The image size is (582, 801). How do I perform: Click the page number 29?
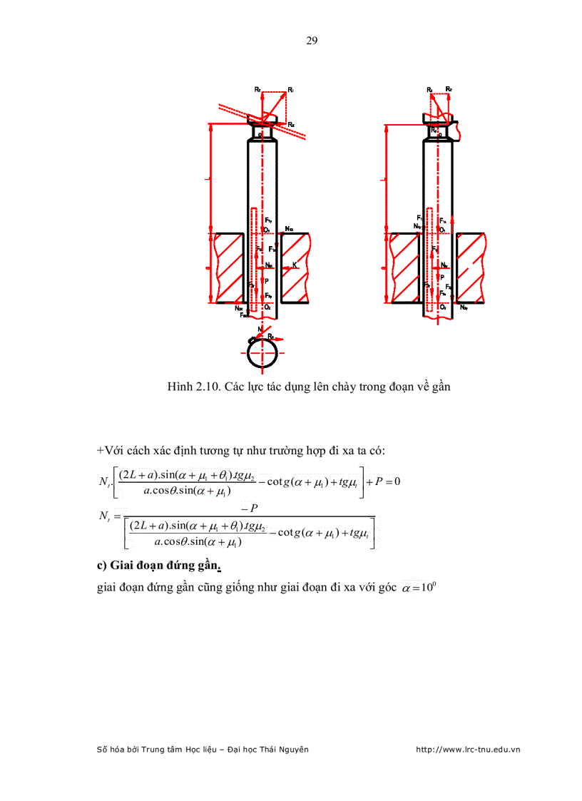[x=312, y=41]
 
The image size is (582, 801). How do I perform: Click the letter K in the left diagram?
[x=295, y=265]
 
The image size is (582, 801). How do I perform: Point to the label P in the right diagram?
[x=442, y=277]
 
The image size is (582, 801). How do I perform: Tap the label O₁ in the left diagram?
[x=266, y=230]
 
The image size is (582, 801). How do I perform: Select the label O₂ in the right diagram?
[x=443, y=306]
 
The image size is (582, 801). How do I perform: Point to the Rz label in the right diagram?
[x=449, y=89]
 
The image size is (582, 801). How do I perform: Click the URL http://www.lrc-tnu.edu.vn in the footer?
[x=467, y=750]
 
